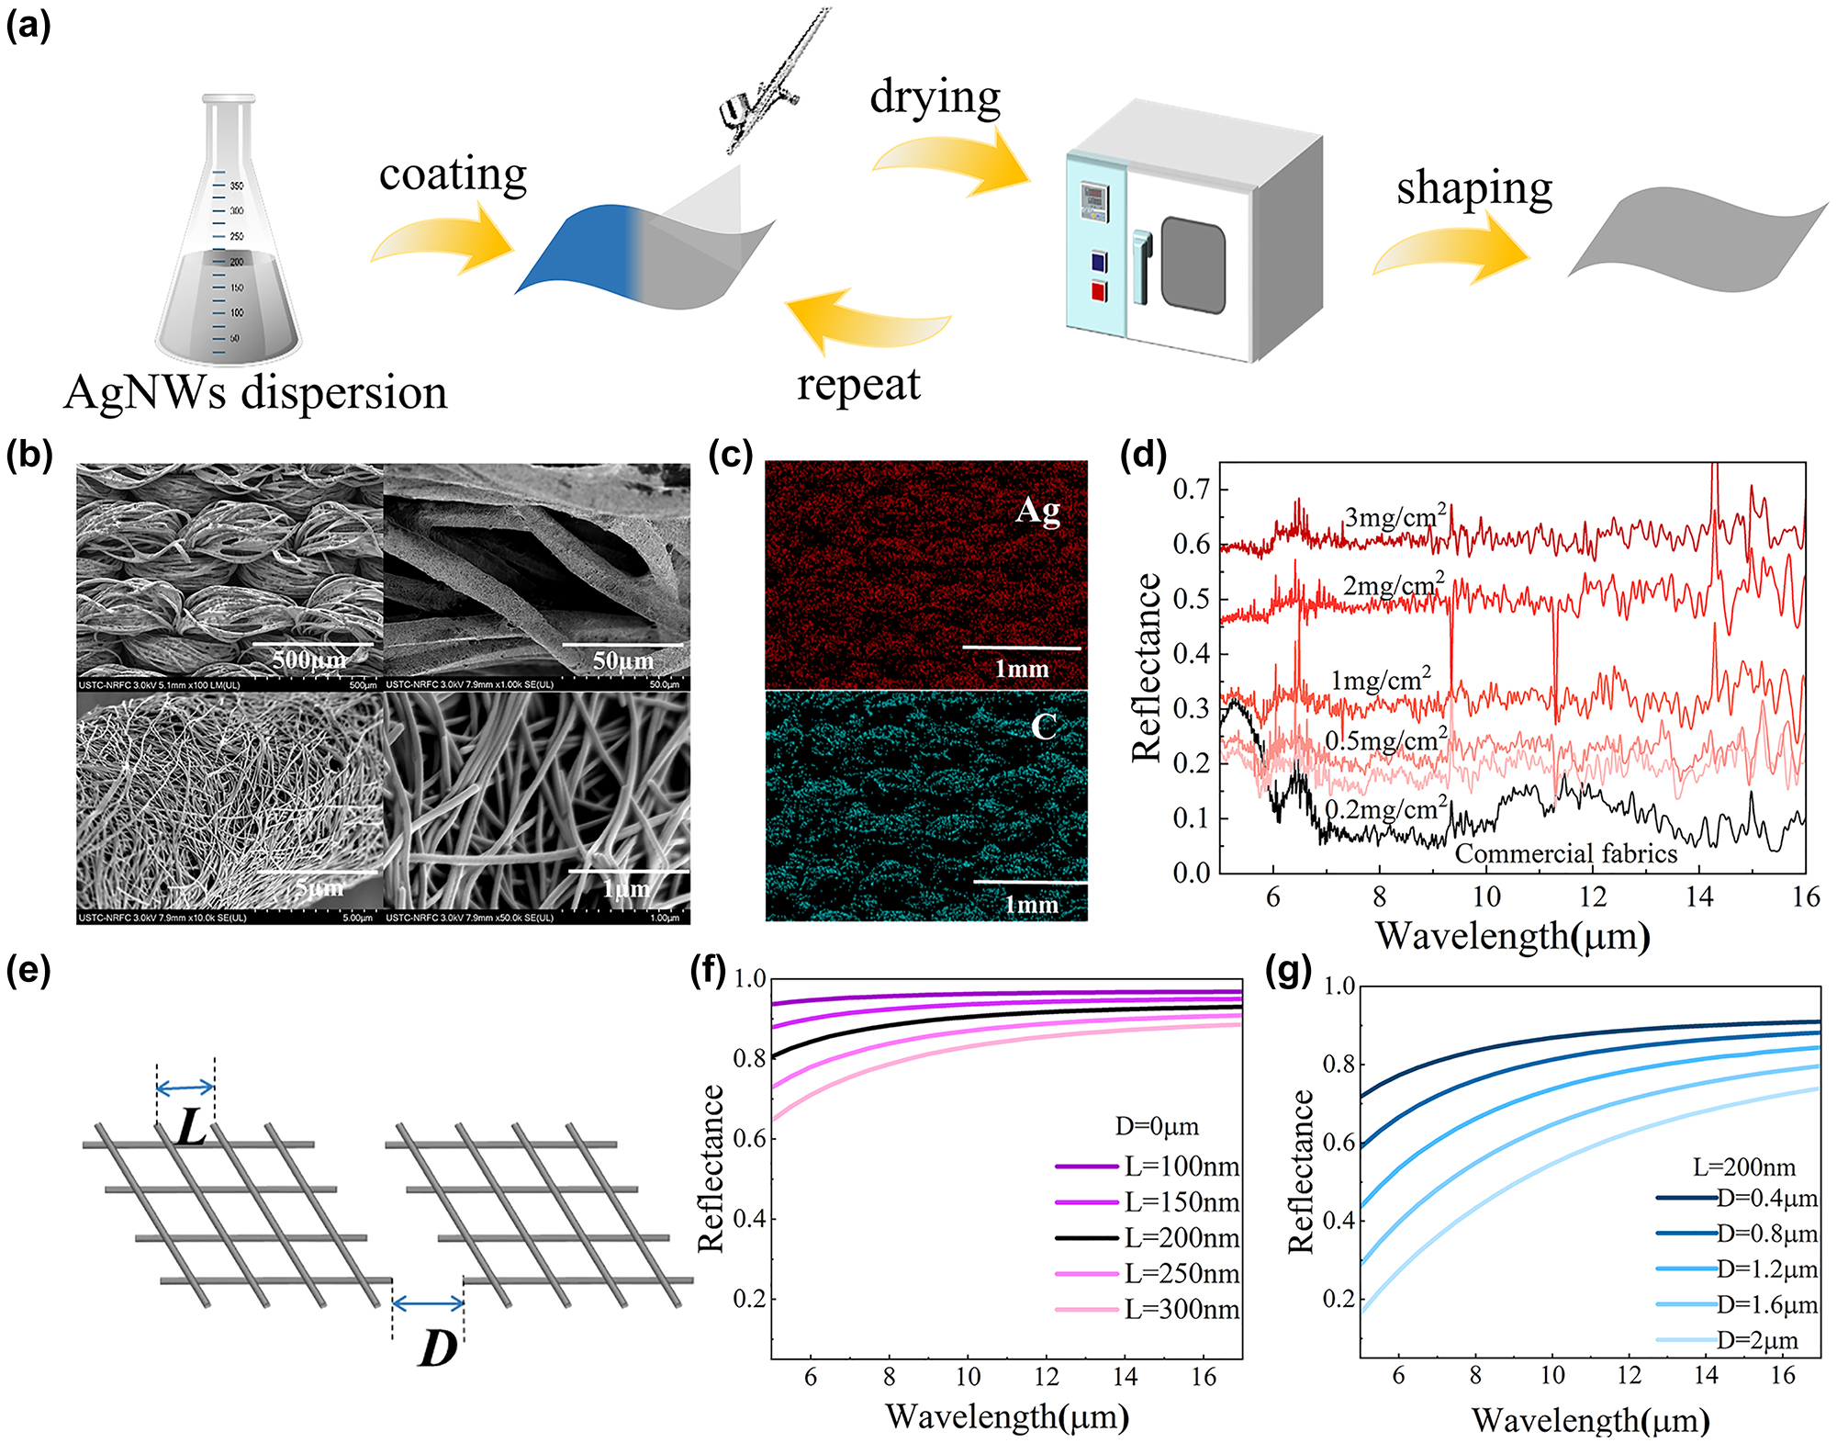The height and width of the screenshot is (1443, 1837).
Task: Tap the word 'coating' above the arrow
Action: (x=453, y=175)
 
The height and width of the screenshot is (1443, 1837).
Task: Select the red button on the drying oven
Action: (x=1099, y=292)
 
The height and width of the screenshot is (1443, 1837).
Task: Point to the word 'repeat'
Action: (x=858, y=384)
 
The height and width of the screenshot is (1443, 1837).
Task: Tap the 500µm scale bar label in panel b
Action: (x=309, y=659)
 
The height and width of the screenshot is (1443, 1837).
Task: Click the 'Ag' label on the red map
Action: (x=1037, y=511)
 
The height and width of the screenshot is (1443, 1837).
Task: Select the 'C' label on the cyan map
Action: (x=1044, y=727)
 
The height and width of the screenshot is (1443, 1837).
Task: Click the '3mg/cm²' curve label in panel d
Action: (x=1395, y=517)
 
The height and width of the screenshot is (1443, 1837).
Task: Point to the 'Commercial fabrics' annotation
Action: (x=1565, y=854)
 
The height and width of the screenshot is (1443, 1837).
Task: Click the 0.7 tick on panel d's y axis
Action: (x=1191, y=489)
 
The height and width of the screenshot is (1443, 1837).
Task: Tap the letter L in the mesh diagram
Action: (x=190, y=1128)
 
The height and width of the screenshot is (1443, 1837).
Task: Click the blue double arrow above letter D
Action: (x=428, y=1302)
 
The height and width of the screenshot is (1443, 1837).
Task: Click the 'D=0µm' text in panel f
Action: (x=1157, y=1126)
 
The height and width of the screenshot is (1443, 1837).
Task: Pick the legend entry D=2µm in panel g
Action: (x=1756, y=1340)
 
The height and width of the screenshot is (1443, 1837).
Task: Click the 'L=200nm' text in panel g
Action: (x=1743, y=1167)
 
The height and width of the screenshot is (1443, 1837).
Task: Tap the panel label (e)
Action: (x=28, y=970)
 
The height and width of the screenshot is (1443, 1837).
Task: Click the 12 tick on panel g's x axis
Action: (x=1629, y=1375)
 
